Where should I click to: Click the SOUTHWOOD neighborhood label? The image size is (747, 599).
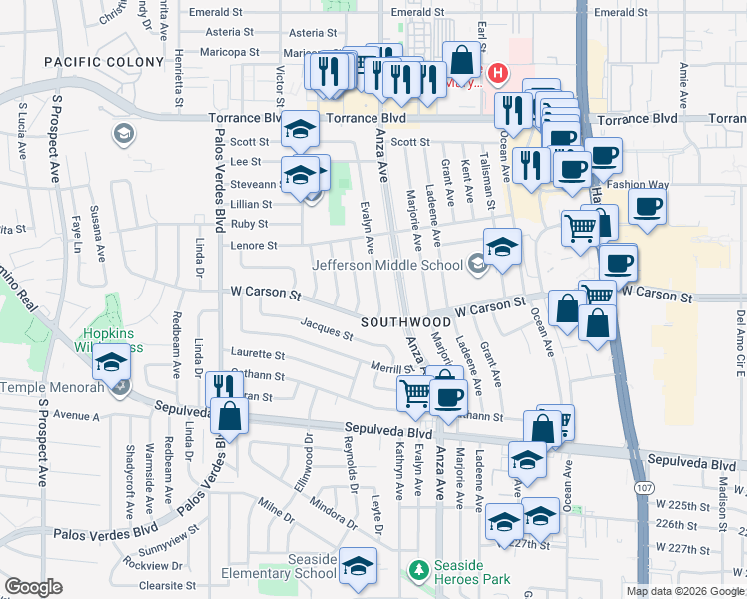pyautogui.click(x=406, y=322)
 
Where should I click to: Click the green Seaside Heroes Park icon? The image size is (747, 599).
pyautogui.click(x=419, y=570)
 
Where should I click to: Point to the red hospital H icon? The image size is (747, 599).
pyautogui.click(x=498, y=74)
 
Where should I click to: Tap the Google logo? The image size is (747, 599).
pyautogui.click(x=33, y=587)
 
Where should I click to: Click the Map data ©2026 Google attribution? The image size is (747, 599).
pyautogui.click(x=685, y=591)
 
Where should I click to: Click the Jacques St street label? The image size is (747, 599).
pyautogui.click(x=326, y=328)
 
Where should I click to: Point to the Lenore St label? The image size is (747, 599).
pyautogui.click(x=254, y=245)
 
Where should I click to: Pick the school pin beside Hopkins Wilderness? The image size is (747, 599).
pyautogui.click(x=112, y=361)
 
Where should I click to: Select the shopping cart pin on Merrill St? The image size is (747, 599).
pyautogui.click(x=415, y=392)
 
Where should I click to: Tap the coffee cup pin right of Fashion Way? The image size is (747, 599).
pyautogui.click(x=648, y=207)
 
